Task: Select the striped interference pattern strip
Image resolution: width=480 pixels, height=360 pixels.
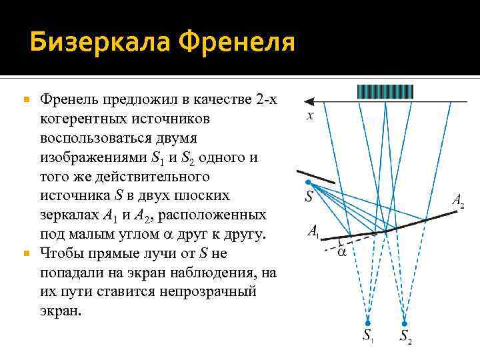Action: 385,91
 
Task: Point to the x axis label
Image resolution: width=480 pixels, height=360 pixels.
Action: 310,116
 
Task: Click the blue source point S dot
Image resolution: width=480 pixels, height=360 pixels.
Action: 307,182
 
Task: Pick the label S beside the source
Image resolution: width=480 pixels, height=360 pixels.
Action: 309,197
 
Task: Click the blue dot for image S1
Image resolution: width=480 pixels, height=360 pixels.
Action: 367,323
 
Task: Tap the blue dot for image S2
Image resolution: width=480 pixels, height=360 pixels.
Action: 405,323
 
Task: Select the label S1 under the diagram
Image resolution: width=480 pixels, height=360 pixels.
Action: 369,337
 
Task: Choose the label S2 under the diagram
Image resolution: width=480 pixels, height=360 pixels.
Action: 406,337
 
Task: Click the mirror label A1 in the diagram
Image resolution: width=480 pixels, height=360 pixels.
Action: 313,231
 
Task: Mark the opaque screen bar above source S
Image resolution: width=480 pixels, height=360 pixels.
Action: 316,175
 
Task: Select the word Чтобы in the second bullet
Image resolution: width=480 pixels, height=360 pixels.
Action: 59,254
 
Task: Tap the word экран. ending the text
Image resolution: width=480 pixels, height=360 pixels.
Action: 60,311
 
